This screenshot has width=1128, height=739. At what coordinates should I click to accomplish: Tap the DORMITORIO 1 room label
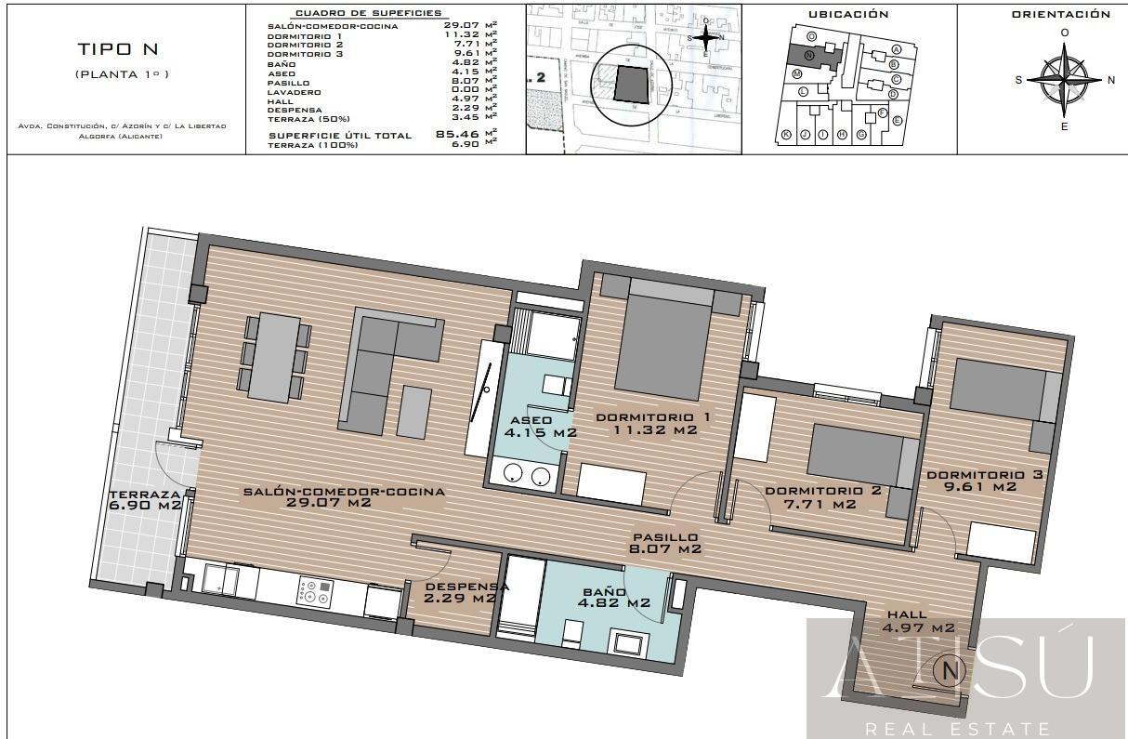[x=652, y=423]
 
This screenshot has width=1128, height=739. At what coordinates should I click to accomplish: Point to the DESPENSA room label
[x=461, y=592]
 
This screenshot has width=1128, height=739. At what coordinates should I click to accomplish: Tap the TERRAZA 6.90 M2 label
[x=144, y=500]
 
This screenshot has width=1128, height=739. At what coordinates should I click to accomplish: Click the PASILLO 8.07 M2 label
[x=665, y=543]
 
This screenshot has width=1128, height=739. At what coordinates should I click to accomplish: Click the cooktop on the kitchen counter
[x=314, y=592]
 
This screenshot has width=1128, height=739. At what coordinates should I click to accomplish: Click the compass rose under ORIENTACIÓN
[x=1065, y=79]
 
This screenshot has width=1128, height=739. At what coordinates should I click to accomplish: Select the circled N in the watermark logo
[x=950, y=668]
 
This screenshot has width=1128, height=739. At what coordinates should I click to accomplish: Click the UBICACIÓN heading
[x=848, y=14]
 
